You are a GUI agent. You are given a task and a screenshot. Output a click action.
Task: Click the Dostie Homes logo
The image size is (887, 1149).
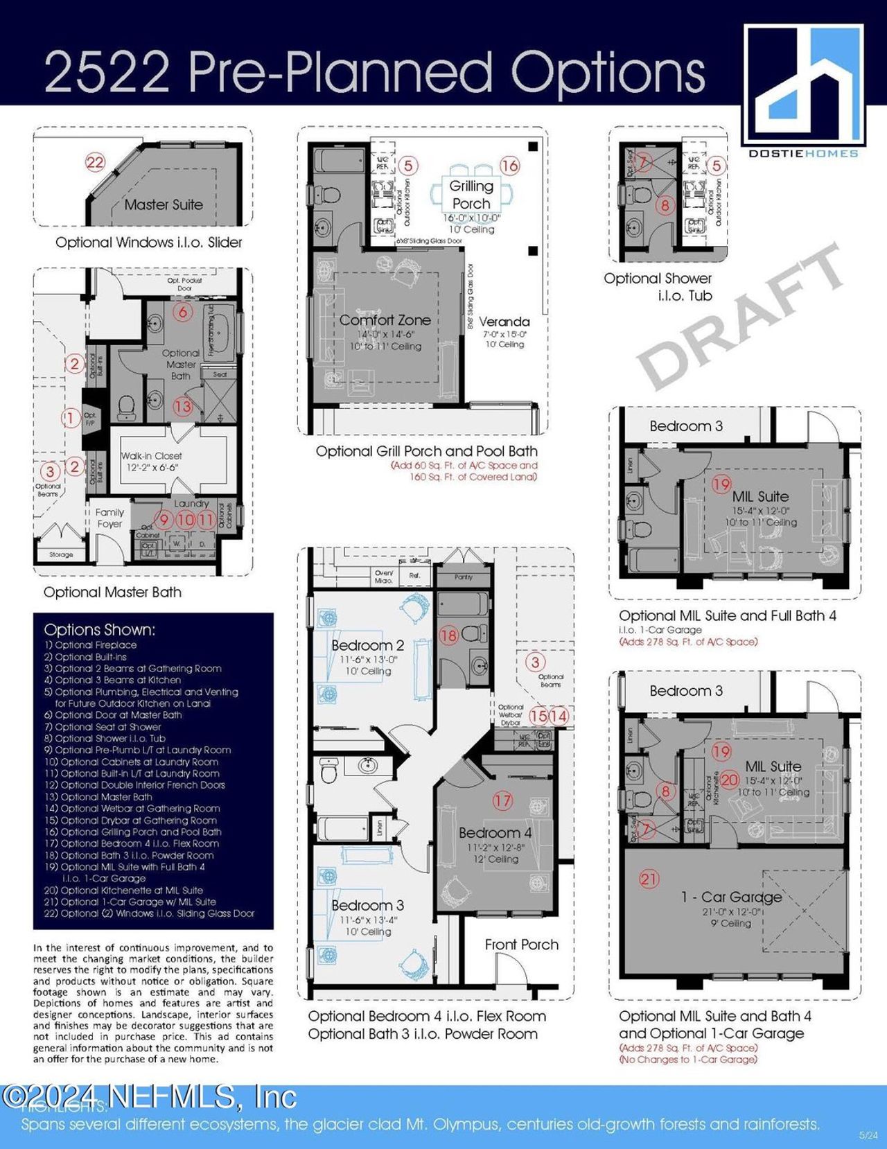coord(803,90)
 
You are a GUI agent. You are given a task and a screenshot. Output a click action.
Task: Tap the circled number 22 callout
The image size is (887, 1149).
coord(95,163)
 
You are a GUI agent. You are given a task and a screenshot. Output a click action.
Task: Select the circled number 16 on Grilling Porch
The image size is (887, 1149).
coord(509,166)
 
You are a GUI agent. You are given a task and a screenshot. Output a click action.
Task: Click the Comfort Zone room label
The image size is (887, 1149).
coord(385,320)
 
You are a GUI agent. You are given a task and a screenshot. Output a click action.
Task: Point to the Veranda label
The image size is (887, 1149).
coord(504,322)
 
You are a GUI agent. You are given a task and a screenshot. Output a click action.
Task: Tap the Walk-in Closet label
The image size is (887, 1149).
coord(151,456)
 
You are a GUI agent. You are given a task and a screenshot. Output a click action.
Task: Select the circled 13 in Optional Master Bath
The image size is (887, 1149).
coord(182,406)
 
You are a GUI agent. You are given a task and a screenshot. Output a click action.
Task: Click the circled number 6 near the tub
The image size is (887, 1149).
coord(182,312)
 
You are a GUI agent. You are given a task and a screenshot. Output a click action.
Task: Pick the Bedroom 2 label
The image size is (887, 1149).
coord(367,645)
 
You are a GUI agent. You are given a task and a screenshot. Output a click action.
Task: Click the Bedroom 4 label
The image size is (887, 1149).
coord(495,832)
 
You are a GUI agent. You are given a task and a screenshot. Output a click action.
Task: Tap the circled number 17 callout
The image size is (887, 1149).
coord(502,801)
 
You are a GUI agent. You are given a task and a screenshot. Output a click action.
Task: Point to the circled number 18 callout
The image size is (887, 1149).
coord(449,635)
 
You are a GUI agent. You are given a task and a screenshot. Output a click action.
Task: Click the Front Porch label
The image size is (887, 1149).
coord(521,944)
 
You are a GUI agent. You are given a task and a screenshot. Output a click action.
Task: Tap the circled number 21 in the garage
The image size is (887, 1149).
coord(649,879)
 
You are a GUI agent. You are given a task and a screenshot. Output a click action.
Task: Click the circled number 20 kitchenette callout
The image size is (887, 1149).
coord(730,780)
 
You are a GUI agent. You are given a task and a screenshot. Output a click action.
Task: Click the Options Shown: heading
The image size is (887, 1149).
coord(99,630)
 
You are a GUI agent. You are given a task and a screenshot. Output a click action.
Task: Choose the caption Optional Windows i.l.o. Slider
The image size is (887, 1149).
coord(149,243)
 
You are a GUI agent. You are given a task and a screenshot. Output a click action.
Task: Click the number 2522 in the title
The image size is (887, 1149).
coord(107,73)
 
